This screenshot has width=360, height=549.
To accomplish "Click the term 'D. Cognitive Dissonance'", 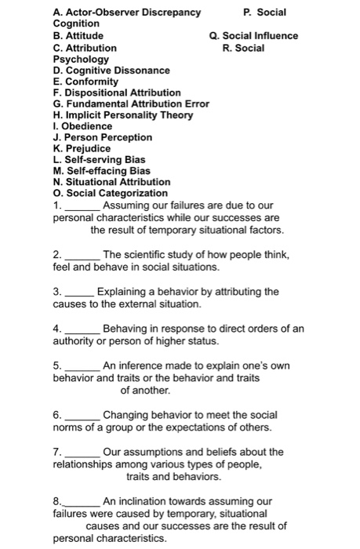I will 111,71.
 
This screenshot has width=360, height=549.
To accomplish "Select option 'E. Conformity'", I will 85,82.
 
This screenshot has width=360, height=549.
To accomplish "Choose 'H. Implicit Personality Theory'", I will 121,115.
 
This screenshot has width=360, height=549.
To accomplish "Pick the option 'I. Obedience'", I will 82,125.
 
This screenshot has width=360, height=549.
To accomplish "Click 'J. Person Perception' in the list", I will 102,137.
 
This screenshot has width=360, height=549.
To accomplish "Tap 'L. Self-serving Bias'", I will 99,159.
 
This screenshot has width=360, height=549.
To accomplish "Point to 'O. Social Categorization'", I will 110,193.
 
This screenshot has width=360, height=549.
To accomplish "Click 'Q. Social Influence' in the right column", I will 253,36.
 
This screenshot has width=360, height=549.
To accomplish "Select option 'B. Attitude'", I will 78,36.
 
